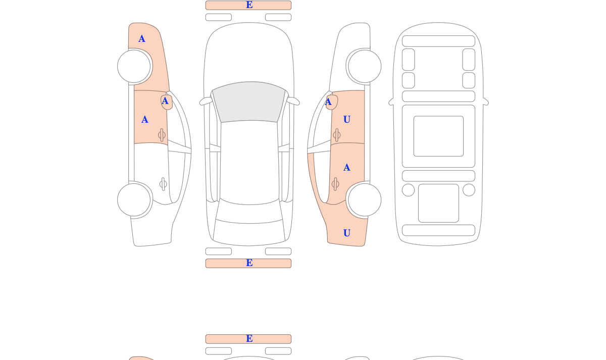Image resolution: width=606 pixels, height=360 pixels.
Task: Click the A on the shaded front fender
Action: point(142,39)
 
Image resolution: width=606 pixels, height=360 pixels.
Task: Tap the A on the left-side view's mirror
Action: point(165,101)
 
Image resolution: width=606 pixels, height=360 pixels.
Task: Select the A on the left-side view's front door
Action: point(145,120)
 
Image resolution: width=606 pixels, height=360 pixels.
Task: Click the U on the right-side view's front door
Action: point(347,120)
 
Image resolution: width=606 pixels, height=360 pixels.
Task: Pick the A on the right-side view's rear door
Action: point(347,168)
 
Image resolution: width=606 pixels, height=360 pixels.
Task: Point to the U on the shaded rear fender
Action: point(347,233)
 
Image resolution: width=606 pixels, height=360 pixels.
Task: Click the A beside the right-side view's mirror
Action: point(328,102)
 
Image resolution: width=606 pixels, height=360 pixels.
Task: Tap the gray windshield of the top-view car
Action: point(249,101)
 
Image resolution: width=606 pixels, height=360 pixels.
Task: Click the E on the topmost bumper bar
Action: point(249,5)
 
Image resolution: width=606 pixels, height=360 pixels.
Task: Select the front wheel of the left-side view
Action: point(134,66)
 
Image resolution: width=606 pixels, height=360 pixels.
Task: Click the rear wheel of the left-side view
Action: point(134,200)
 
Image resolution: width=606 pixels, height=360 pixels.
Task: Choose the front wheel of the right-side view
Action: point(365,66)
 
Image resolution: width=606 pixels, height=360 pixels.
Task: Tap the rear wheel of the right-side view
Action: point(365,200)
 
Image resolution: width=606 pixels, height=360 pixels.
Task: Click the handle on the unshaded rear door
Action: point(163,184)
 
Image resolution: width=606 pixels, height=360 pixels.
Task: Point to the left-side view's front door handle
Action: point(162,135)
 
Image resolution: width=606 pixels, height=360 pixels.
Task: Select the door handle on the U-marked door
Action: point(337,135)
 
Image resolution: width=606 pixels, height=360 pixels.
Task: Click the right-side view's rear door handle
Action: point(335,184)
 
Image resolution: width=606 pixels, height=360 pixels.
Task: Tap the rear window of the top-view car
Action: point(249,213)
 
